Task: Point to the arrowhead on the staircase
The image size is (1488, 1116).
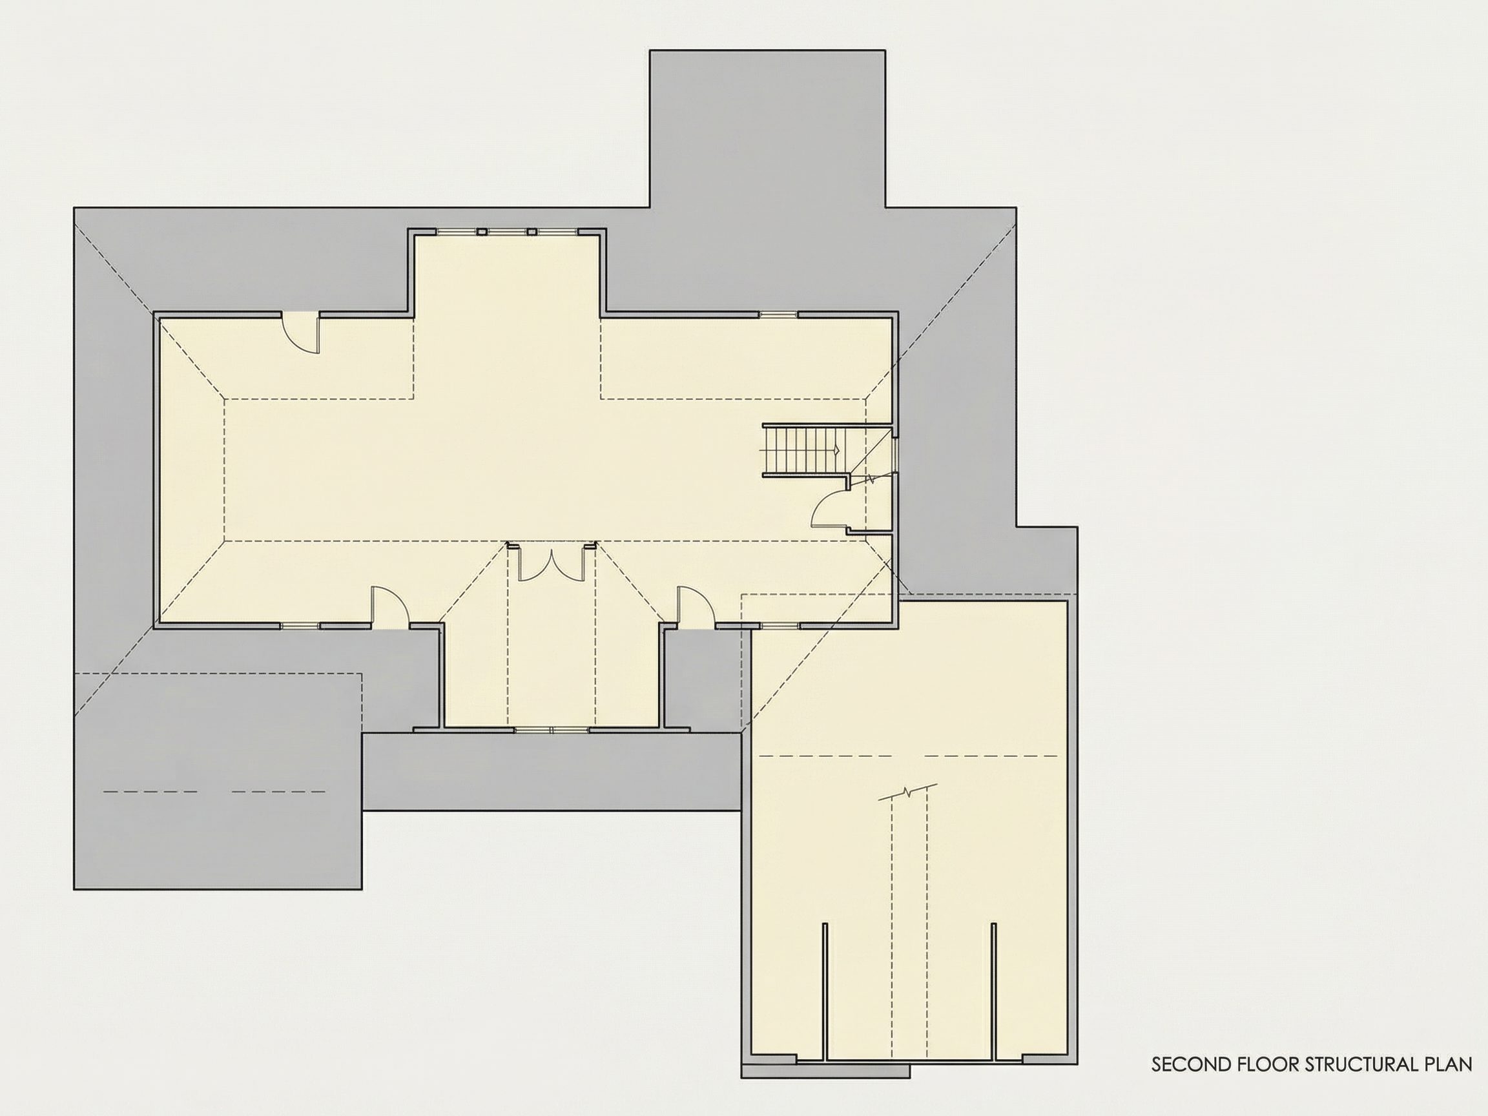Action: click(837, 449)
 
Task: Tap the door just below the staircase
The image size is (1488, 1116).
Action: click(829, 507)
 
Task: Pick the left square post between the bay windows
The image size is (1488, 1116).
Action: click(482, 231)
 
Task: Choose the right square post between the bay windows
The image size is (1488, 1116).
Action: click(532, 231)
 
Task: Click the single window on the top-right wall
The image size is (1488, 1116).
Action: click(778, 313)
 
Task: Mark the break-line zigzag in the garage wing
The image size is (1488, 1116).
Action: click(908, 792)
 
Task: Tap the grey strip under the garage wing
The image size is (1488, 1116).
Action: click(825, 1071)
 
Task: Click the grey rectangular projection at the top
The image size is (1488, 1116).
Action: click(767, 129)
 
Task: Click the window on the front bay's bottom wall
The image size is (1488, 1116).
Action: click(552, 729)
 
